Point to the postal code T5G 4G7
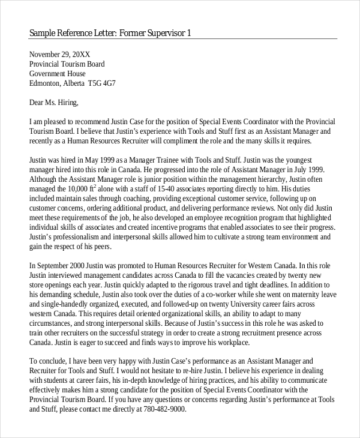(102, 83)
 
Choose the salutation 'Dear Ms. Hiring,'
(54, 103)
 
